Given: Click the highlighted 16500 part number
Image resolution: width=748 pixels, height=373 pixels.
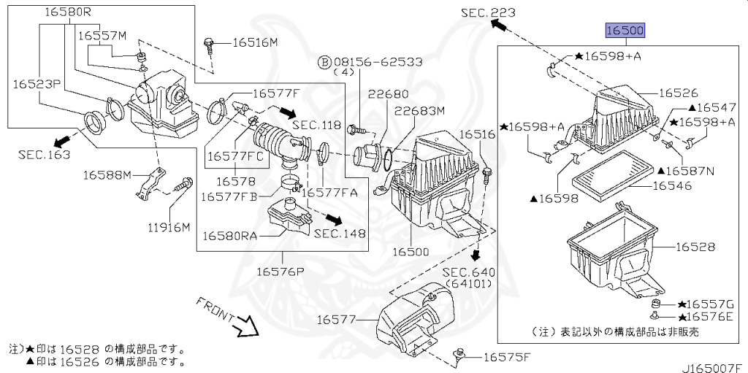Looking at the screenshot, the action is [625, 31].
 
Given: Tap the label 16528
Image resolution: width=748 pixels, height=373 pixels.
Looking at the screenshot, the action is [695, 247].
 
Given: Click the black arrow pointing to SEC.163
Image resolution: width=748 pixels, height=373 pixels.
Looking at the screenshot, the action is [63, 141].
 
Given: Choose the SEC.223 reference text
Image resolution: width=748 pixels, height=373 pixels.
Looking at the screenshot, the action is [487, 12].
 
